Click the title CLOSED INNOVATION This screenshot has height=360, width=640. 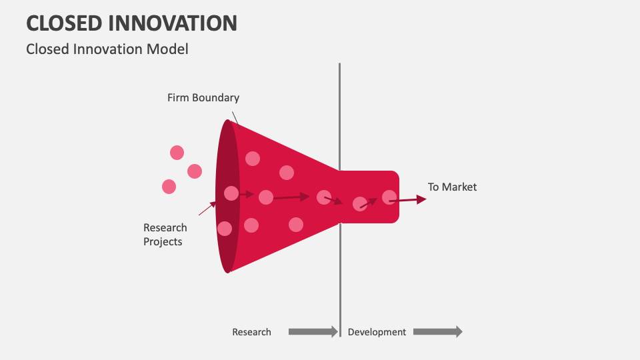pos(131,23)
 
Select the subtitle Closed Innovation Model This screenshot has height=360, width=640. pos(107,49)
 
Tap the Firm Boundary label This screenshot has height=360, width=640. pos(203,98)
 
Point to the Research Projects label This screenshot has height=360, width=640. pos(165,235)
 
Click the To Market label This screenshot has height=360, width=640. pos(452,187)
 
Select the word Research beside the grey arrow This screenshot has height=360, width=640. pos(251,332)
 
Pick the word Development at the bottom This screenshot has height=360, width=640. pos(377,332)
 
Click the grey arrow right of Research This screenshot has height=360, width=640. pos(313,331)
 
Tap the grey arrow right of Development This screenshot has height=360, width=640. pos(437,331)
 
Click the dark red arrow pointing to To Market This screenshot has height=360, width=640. pos(412,199)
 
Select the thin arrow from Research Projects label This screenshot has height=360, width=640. pos(207,209)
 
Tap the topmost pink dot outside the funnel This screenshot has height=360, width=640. pos(177,153)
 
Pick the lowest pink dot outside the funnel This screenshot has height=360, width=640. pos(169,187)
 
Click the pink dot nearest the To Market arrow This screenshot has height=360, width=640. pos(389,197)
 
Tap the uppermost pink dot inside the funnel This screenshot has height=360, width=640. pos(253,158)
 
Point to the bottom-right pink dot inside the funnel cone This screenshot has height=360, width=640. pos(296,225)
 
